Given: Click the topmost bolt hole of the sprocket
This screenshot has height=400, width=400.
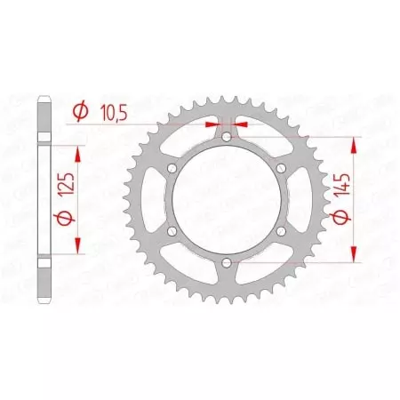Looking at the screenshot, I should pos(227,136).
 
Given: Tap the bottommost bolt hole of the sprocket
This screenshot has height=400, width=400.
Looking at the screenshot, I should pos(227,261).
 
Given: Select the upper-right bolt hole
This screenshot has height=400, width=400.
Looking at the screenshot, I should pos(281,167).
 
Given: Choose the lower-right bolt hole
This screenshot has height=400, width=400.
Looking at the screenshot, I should pos(281,230).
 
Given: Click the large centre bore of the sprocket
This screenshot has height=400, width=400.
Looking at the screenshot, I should pos(227,199).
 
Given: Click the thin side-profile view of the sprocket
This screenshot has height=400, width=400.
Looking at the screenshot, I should pos(44,199).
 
